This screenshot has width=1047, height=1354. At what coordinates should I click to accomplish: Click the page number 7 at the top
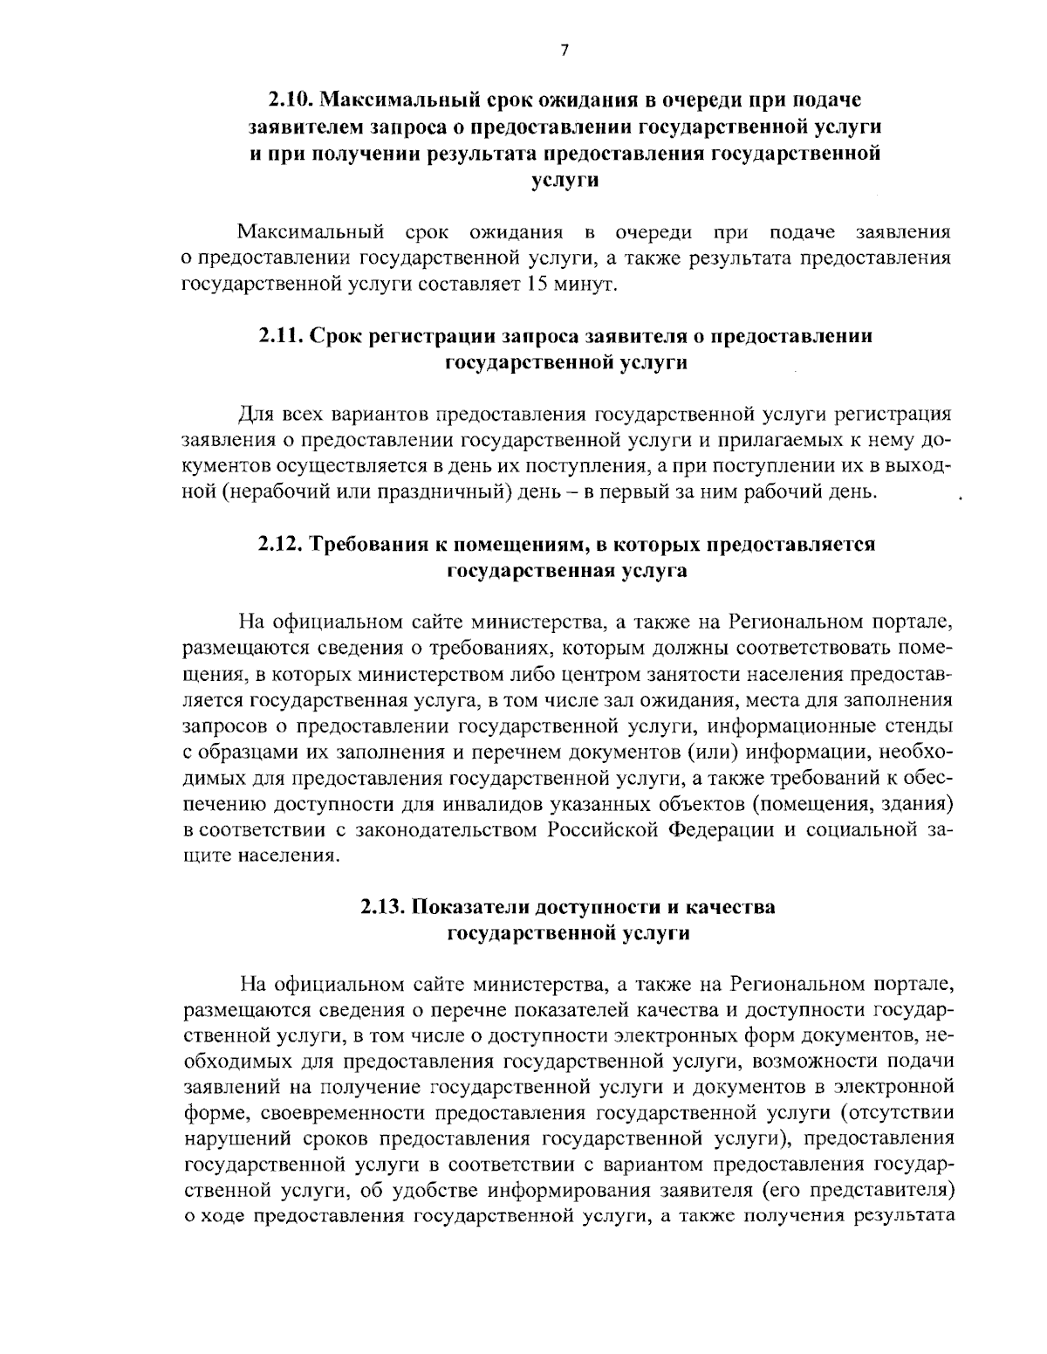pos(564,51)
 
